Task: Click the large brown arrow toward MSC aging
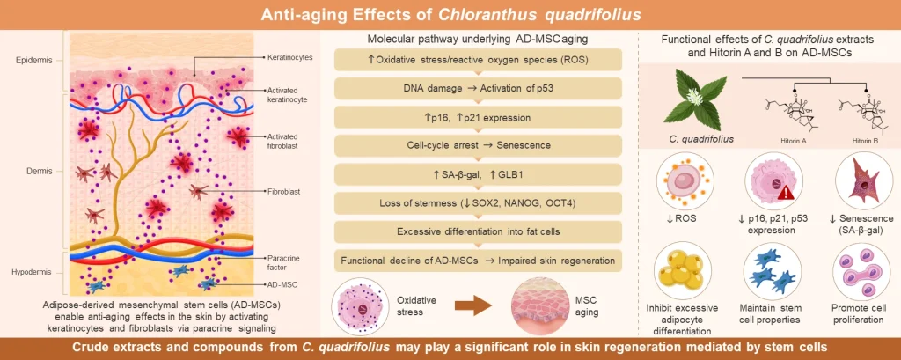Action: (x=472, y=305)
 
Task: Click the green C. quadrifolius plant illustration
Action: (x=691, y=102)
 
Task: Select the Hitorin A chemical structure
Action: (x=787, y=117)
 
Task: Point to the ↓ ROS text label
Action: (x=680, y=219)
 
